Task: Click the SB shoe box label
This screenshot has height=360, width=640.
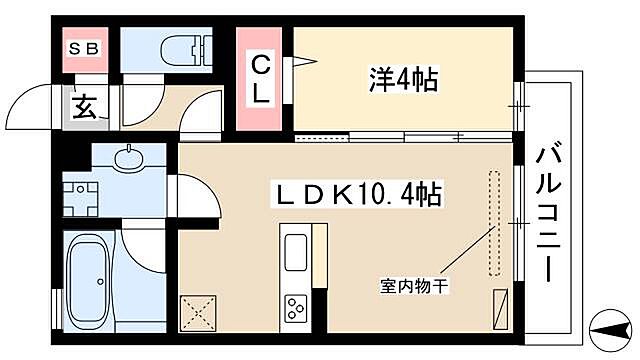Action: [82, 47]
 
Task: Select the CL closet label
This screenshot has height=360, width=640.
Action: [259, 80]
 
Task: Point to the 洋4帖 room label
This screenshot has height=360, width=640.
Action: [402, 79]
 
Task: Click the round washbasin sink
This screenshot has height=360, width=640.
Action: [128, 157]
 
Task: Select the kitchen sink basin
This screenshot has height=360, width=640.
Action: [297, 249]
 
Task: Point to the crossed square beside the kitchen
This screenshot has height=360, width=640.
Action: [198, 314]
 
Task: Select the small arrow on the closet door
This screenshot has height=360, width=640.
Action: [301, 64]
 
